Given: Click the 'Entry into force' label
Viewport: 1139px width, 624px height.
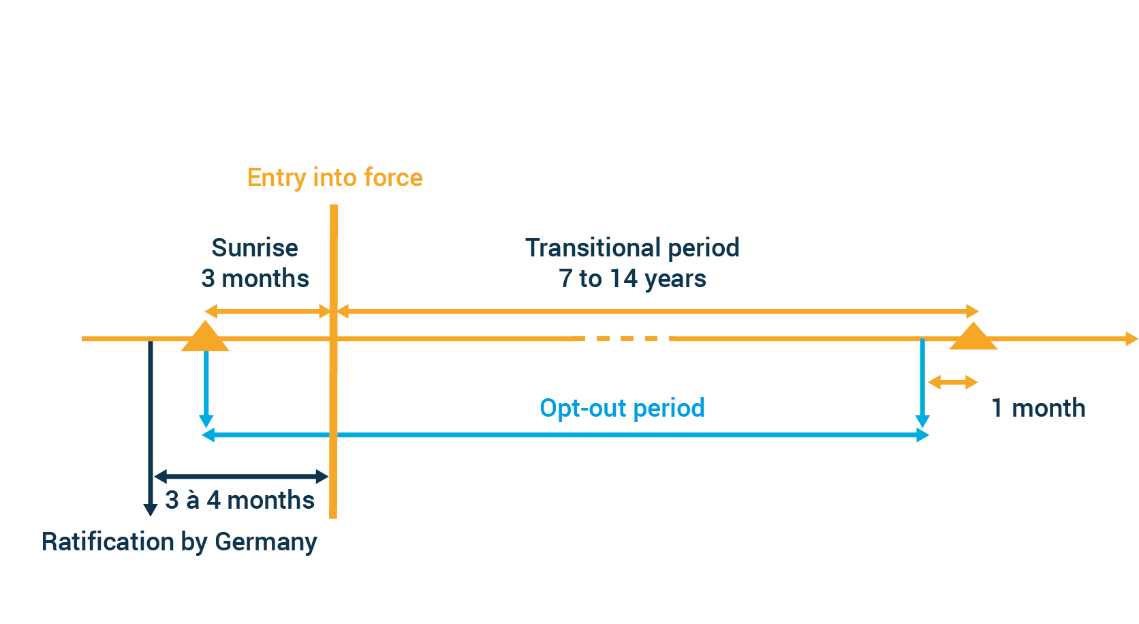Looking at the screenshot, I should point(334,178).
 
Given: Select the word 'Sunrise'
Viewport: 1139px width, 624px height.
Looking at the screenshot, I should point(254,248).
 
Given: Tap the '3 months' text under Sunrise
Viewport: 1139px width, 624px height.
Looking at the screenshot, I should point(255,279).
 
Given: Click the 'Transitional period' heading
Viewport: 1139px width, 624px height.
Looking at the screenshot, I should point(632,248).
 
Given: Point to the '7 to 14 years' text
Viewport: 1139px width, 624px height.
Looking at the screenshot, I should point(632,279).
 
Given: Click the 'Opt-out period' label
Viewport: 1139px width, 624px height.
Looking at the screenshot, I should point(622,408).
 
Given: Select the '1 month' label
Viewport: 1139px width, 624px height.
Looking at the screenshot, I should point(1038,408).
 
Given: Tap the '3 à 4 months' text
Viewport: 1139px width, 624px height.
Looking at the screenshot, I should point(240,500).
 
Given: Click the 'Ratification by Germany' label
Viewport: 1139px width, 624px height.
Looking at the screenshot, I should point(179,541).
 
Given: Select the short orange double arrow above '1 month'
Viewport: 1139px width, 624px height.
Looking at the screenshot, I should point(953,383).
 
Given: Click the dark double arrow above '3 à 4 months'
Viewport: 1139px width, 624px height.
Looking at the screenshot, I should point(242,476).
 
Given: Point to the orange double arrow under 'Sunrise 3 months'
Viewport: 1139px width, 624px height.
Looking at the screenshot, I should point(268,312).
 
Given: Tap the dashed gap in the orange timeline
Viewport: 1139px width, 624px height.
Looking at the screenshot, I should point(625,339).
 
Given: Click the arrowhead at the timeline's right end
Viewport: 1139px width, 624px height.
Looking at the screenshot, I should point(1131,339).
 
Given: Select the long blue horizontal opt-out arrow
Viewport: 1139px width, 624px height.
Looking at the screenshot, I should point(565,435).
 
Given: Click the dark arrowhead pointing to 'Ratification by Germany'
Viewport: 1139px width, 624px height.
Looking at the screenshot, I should point(151,509).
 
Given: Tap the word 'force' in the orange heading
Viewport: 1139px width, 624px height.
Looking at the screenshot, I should point(393,178).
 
